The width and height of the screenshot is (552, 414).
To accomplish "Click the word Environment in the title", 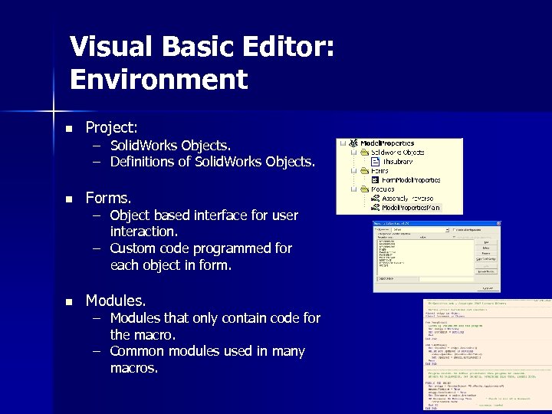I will (x=159, y=79).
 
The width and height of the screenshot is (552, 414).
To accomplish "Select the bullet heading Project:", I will (x=111, y=127).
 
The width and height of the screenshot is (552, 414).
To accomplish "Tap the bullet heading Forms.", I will (x=108, y=198).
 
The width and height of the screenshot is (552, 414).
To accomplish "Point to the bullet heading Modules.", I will (x=115, y=301).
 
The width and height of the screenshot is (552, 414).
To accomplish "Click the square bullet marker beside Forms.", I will (x=68, y=199).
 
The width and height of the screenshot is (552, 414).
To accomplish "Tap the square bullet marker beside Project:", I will (x=68, y=128).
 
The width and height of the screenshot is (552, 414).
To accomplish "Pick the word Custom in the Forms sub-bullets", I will (x=136, y=248).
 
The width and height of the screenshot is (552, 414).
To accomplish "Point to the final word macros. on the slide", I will (x=134, y=368).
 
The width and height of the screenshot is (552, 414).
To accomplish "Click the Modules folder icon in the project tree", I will (x=363, y=189).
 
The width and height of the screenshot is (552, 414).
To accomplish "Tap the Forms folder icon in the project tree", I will (x=363, y=170).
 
